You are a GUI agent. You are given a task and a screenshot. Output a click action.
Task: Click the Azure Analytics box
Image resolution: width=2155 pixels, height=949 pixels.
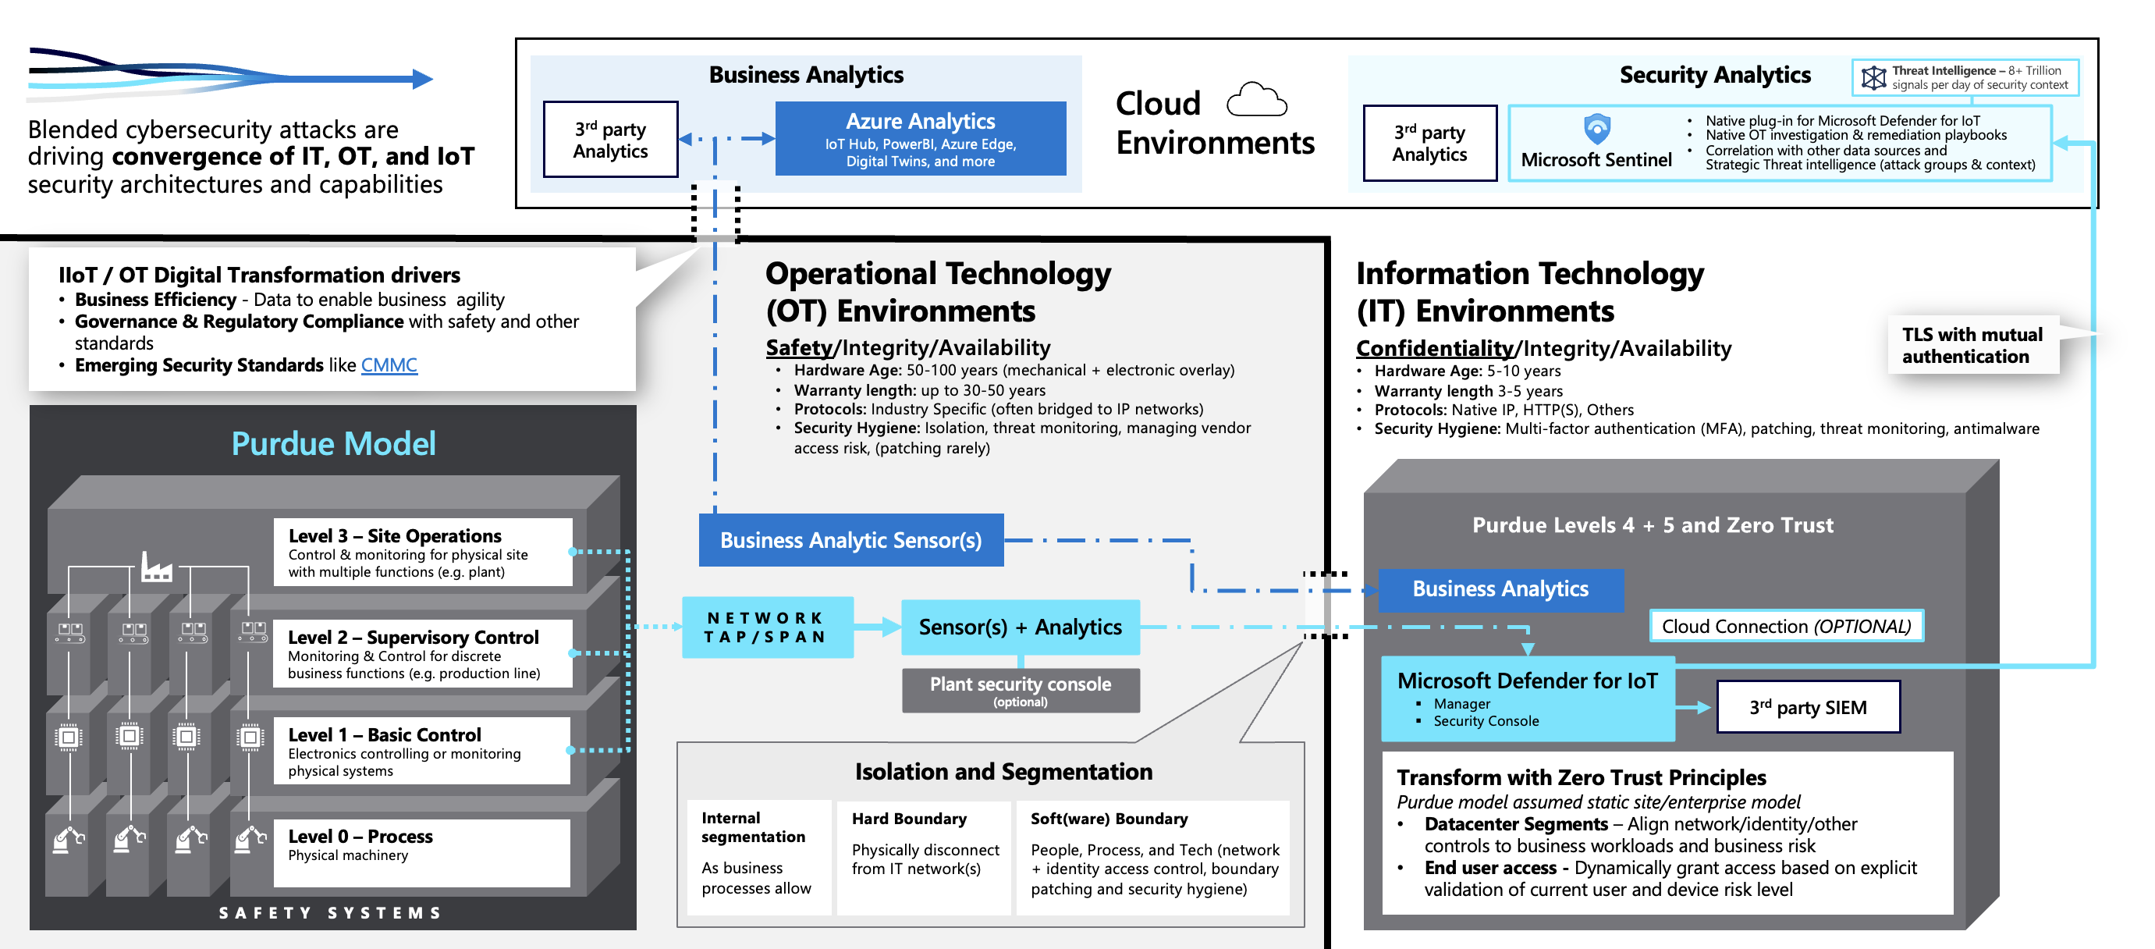point(920,139)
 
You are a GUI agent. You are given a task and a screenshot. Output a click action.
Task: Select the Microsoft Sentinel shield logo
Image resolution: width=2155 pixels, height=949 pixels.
point(1597,129)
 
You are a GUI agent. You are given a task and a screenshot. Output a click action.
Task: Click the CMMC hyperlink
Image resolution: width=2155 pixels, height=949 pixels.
point(389,366)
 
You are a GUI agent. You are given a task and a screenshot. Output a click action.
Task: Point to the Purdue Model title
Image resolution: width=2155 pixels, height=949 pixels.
point(333,443)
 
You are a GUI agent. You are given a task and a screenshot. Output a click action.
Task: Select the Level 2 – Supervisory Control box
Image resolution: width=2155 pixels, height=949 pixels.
point(422,653)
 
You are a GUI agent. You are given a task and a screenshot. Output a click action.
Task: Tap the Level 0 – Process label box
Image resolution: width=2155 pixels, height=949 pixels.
point(421,852)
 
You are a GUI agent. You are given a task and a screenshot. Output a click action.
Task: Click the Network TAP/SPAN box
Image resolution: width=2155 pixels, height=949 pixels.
point(766,627)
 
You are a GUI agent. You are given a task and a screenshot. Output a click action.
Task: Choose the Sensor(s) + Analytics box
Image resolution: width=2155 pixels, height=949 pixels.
point(1020,627)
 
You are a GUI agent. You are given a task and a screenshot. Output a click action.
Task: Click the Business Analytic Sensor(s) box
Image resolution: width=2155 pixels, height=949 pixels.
point(850,541)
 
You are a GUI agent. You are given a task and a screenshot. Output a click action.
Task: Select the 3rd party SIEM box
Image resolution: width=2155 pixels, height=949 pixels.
point(1808,708)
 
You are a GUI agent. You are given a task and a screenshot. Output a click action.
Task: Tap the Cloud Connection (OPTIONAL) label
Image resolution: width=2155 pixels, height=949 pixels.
point(1785,626)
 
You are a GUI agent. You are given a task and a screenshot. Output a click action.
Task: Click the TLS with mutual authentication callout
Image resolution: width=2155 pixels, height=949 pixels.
point(1972,346)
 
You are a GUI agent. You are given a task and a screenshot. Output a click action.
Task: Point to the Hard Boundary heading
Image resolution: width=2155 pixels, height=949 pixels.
point(908,819)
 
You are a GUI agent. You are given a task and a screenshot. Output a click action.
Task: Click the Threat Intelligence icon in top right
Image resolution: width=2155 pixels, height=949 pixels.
point(1873,78)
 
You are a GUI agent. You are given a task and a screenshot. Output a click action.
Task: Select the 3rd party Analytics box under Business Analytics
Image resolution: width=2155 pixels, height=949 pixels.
point(610,140)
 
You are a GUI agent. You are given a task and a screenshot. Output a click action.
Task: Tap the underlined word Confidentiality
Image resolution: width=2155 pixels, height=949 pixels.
point(1434,348)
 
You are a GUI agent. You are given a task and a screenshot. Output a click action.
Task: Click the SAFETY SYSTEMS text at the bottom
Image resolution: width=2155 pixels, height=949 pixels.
point(331,913)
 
